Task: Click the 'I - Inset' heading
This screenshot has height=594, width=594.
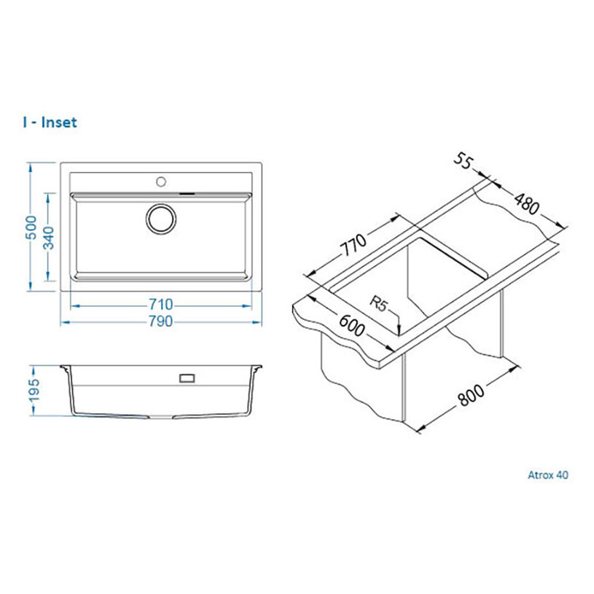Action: click(50, 122)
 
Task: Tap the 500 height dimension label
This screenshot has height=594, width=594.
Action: click(31, 227)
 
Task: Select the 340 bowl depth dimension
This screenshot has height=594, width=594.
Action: click(49, 238)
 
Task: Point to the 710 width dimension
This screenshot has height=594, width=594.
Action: click(160, 304)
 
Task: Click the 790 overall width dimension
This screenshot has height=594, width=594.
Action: click(160, 321)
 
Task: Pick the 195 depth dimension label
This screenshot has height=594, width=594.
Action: click(34, 390)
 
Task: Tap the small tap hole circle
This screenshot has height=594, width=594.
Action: click(161, 181)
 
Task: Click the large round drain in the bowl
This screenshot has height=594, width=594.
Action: click(161, 219)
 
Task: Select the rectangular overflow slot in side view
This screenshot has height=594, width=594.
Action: click(187, 378)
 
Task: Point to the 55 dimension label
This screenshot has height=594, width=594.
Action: click(463, 161)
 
